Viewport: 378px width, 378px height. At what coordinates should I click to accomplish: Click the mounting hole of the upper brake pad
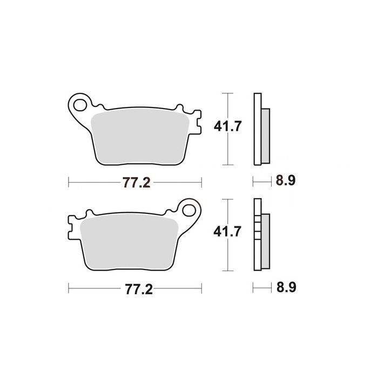click(80, 105)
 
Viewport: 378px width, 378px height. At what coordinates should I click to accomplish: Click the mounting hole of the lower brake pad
click(189, 210)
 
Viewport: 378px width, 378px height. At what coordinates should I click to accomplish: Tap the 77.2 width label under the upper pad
click(137, 183)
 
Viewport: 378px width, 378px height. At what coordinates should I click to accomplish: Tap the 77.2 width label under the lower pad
click(139, 289)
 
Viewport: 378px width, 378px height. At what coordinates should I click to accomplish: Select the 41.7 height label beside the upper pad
click(227, 126)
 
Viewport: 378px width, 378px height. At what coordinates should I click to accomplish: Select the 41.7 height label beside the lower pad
click(227, 232)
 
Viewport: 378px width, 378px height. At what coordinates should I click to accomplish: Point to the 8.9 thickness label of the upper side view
click(286, 180)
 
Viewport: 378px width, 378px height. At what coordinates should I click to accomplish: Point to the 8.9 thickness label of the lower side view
click(286, 287)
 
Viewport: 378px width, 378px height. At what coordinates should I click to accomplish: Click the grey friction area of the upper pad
click(140, 137)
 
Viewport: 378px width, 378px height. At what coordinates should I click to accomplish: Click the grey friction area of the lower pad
click(129, 242)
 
